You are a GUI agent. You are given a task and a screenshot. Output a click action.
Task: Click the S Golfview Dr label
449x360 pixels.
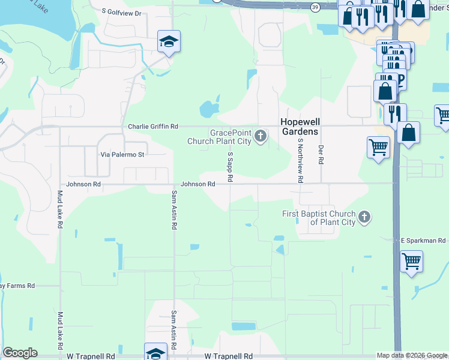click(x=121, y=11)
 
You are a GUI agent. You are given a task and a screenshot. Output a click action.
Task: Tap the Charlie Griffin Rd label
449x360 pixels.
click(x=153, y=127)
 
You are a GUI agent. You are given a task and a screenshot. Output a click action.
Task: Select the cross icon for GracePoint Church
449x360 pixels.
click(x=261, y=136)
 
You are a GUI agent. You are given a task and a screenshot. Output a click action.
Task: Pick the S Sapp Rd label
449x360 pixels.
click(x=229, y=167)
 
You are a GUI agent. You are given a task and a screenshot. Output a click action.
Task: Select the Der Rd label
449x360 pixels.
click(x=321, y=154)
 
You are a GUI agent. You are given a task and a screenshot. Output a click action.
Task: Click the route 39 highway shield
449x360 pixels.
click(x=316, y=7)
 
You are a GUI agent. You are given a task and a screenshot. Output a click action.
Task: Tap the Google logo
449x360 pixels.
click(x=20, y=353)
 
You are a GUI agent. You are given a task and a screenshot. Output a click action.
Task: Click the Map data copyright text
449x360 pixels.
click(x=412, y=355)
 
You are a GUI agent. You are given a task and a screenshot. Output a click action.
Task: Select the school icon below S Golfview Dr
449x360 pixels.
click(x=169, y=42)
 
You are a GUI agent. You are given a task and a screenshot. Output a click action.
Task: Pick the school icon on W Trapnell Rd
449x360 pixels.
click(x=155, y=353)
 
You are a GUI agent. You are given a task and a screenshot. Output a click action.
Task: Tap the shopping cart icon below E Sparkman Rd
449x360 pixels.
click(x=412, y=261)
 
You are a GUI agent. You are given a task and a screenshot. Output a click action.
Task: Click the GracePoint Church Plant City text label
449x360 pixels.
click(x=220, y=137)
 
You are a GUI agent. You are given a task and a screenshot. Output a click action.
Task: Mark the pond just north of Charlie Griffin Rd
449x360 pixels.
click(x=208, y=109)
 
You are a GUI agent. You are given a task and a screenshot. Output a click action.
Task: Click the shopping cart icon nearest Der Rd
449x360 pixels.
click(x=378, y=146)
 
